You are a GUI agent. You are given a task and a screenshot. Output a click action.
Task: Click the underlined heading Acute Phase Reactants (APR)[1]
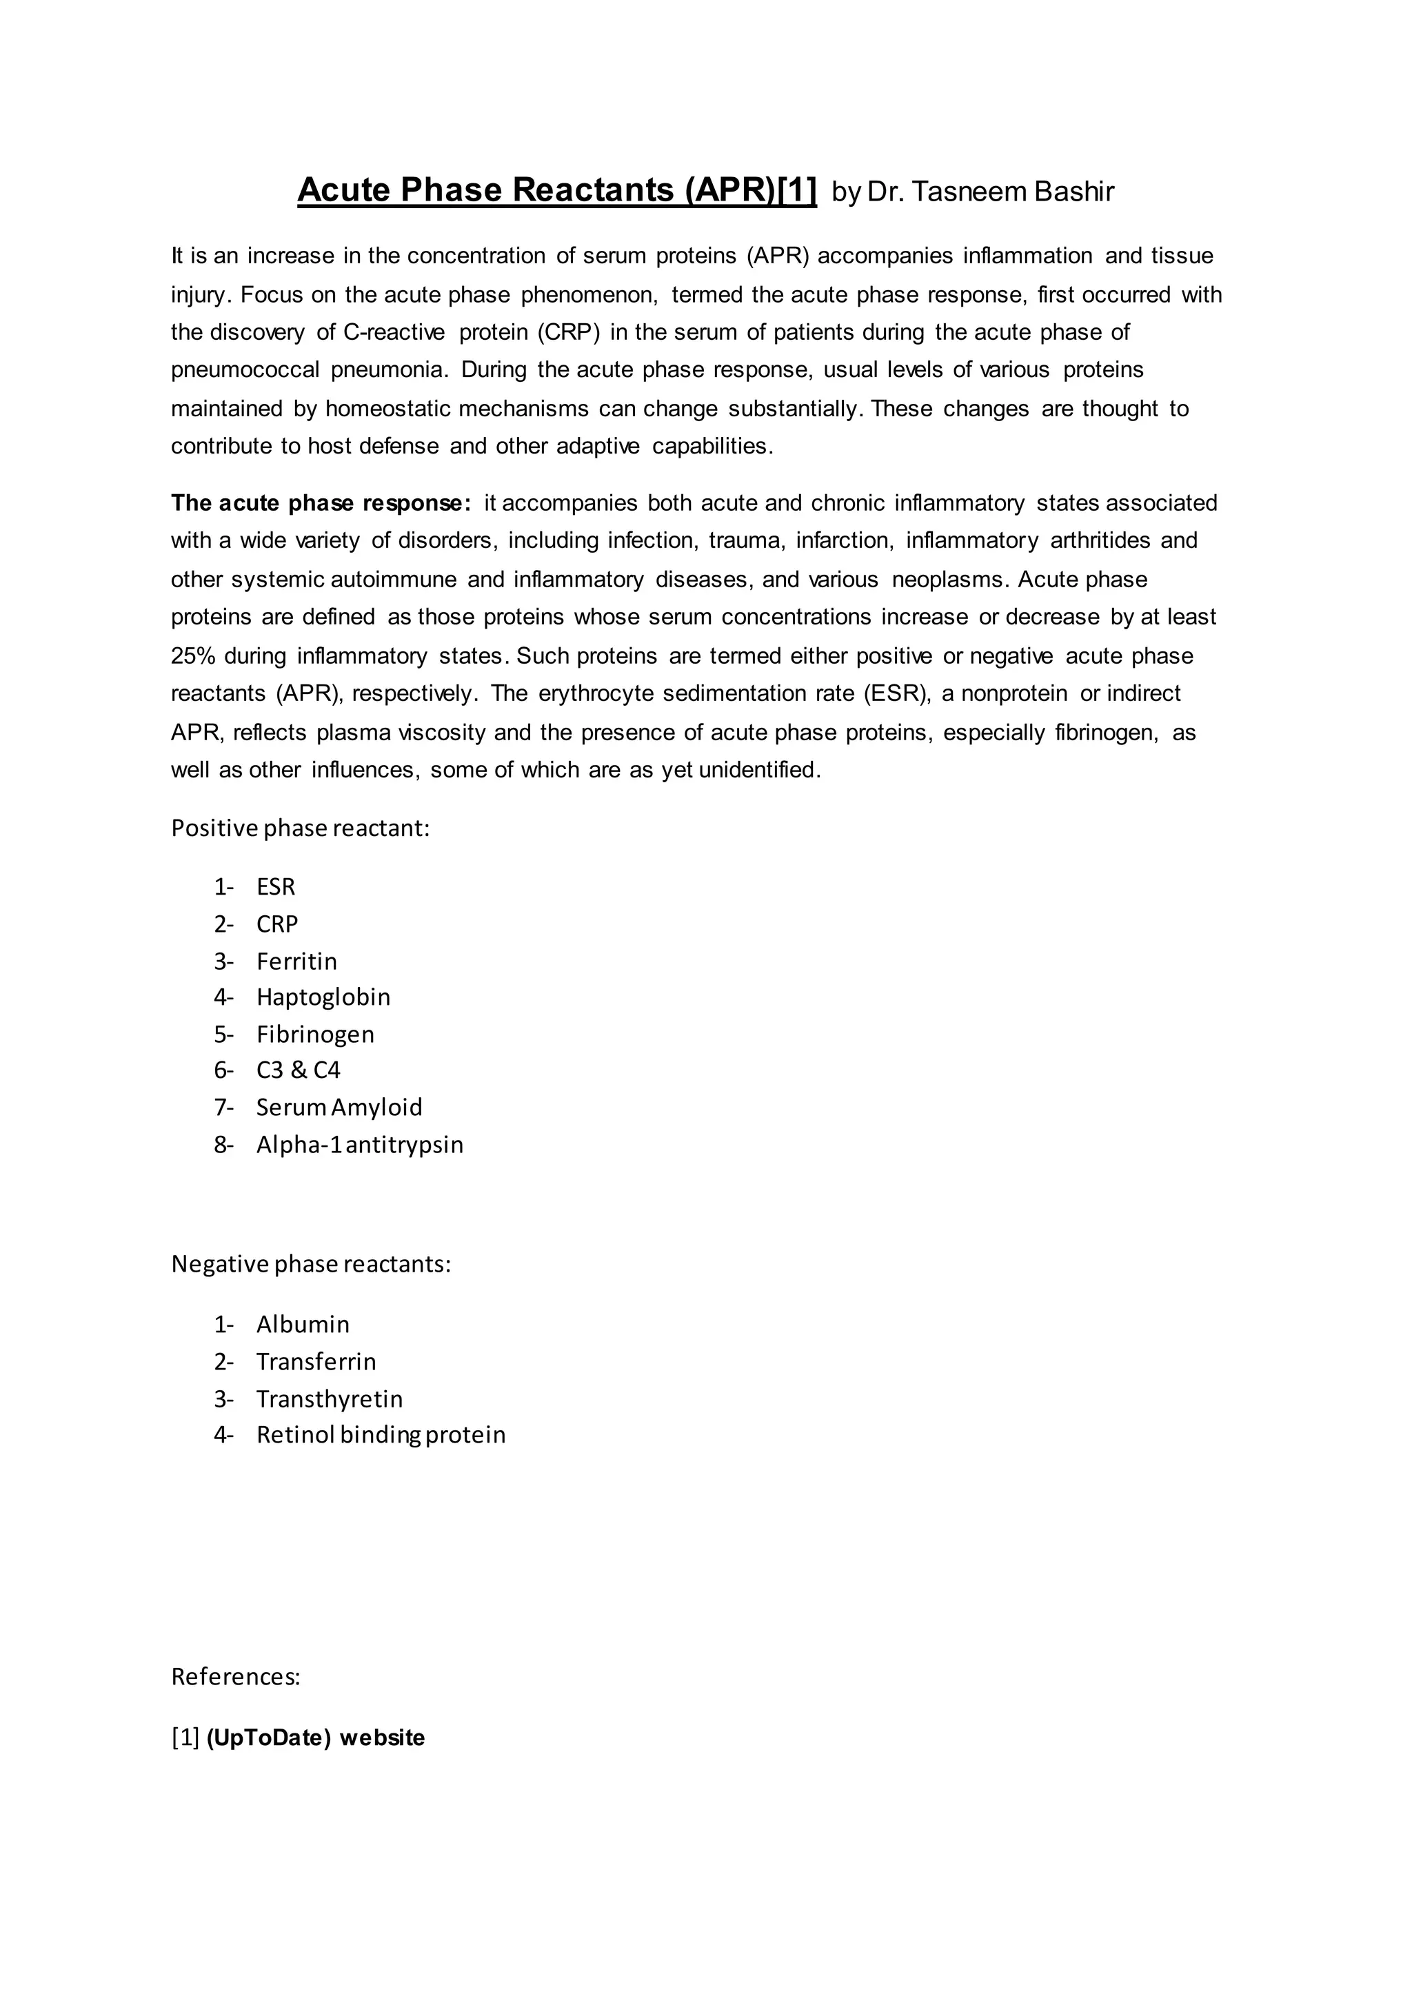coord(556,190)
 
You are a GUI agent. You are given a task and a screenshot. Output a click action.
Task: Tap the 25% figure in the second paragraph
coord(193,655)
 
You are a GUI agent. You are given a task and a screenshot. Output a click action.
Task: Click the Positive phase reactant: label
coord(300,828)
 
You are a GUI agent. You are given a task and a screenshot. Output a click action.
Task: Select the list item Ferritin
coord(296,961)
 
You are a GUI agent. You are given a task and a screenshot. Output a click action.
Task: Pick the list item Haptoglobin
coord(323,997)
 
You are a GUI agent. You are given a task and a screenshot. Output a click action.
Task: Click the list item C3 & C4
coord(299,1070)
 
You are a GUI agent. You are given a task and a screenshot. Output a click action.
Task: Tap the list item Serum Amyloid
coord(339,1108)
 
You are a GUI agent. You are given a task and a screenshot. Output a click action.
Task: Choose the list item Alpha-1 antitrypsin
coord(360,1145)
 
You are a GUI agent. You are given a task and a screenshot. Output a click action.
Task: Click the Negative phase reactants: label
coord(310,1264)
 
